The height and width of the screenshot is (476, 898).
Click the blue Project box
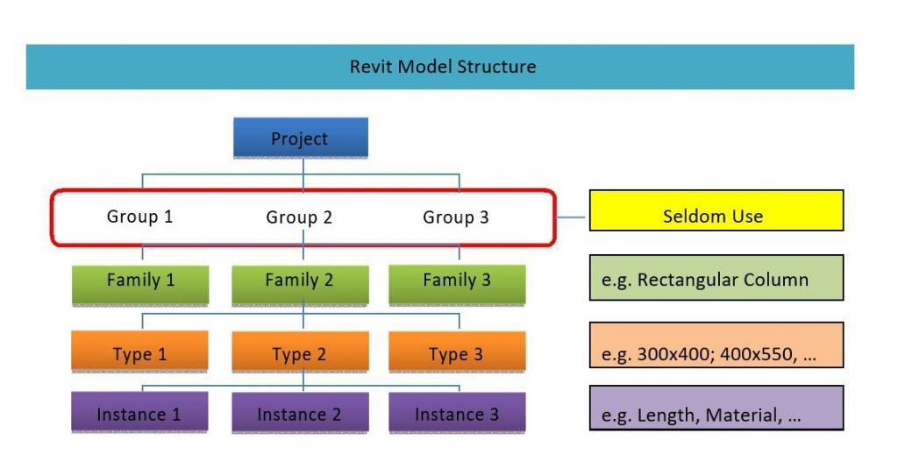click(300, 139)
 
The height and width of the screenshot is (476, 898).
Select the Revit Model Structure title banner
click(439, 67)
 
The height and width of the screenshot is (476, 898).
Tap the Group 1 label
click(140, 216)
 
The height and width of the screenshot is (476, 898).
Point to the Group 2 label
click(299, 217)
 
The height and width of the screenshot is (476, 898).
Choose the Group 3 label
click(456, 217)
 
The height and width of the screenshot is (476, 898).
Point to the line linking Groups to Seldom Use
click(573, 217)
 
